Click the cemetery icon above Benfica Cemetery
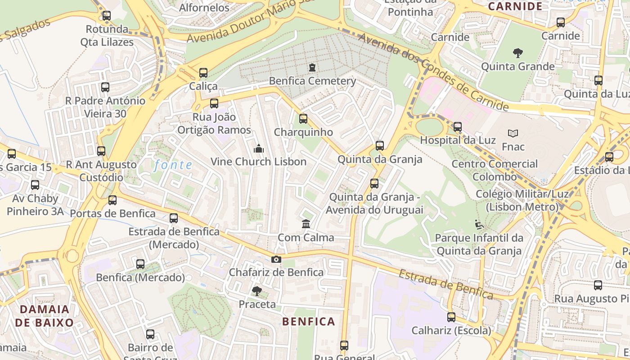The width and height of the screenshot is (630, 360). pyautogui.click(x=312, y=67)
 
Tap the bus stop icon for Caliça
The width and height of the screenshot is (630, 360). pyautogui.click(x=203, y=72)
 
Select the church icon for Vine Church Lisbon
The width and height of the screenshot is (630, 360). pyautogui.click(x=259, y=148)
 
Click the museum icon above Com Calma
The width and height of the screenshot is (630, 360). pyautogui.click(x=306, y=224)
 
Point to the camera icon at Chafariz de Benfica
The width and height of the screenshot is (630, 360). pyautogui.click(x=276, y=259)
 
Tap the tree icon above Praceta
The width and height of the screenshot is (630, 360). pyautogui.click(x=257, y=291)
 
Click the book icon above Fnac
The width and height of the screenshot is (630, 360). pyautogui.click(x=513, y=133)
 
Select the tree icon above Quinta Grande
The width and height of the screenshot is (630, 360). pyautogui.click(x=518, y=53)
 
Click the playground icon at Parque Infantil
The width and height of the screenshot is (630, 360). pyautogui.click(x=479, y=224)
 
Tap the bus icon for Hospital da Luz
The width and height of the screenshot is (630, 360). pyautogui.click(x=458, y=127)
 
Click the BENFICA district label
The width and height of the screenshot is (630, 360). pyautogui.click(x=309, y=321)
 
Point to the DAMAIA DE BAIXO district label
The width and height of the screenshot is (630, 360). pyautogui.click(x=44, y=316)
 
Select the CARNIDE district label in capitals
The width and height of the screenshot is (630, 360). pyautogui.click(x=515, y=6)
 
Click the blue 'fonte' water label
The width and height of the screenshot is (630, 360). pyautogui.click(x=173, y=165)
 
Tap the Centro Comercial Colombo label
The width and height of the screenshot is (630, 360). pyautogui.click(x=495, y=170)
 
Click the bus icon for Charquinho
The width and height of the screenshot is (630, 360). pyautogui.click(x=303, y=119)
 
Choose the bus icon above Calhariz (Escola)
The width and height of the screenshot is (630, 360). pyautogui.click(x=451, y=317)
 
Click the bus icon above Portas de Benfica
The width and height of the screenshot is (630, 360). pyautogui.click(x=112, y=200)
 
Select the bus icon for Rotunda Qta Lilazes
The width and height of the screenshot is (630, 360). pyautogui.click(x=107, y=16)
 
